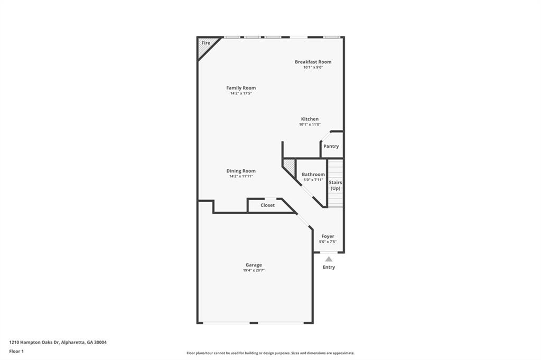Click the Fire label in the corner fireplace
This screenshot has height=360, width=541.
coord(206,43)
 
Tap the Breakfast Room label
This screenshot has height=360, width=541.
coord(313,62)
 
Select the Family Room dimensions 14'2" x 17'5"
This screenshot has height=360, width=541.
coord(241,93)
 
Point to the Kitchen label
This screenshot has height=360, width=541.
coord(310,119)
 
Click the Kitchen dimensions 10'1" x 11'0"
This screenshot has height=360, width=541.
coord(310,124)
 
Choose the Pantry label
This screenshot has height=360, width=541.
coord(331,146)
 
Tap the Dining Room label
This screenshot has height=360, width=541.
coord(241,170)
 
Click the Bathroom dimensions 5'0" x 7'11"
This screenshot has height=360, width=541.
coord(313,179)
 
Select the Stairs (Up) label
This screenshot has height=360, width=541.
coord(335,185)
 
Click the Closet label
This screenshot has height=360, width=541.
coord(267,205)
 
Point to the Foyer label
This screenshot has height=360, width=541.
coord(328,236)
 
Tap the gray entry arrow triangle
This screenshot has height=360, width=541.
coord(329,259)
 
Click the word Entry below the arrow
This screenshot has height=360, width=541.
coord(329,267)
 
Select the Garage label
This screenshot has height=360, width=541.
coord(254,265)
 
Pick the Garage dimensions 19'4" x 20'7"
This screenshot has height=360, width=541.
coord(254,270)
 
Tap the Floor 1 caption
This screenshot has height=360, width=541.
coord(16,352)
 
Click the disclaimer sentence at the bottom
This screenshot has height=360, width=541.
coord(270,353)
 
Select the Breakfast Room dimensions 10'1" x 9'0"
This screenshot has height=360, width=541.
coord(313,67)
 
